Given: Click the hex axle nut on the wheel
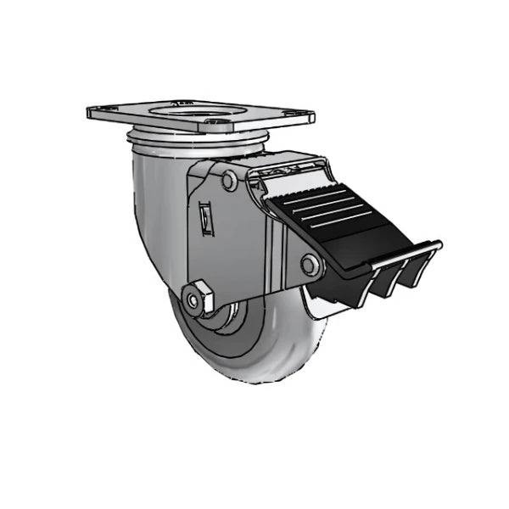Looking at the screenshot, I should tap(197, 298).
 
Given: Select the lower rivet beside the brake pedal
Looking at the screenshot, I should tap(310, 266).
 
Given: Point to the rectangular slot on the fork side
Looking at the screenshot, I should tap(205, 219).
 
